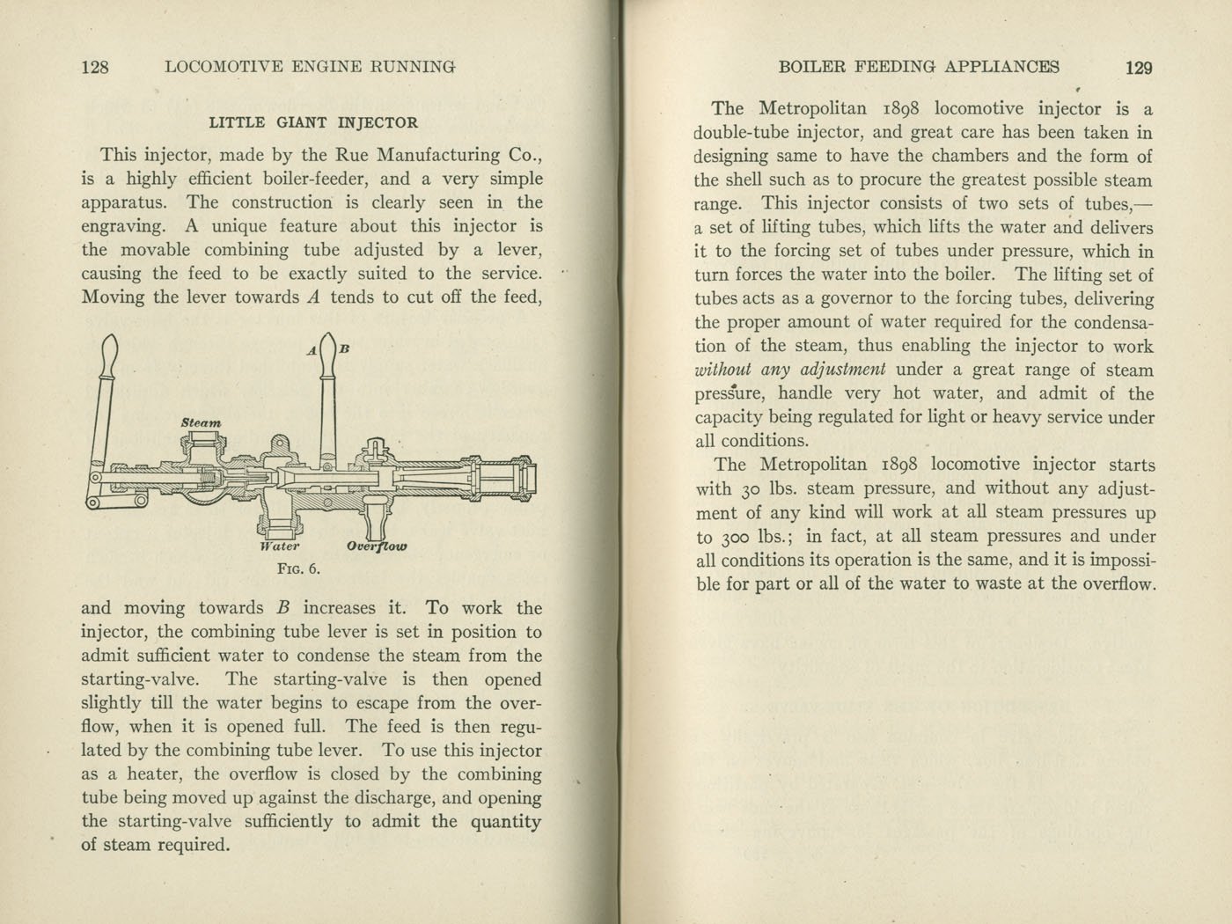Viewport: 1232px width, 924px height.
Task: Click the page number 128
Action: [x=95, y=67]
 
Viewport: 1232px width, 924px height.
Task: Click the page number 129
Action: [x=1139, y=68]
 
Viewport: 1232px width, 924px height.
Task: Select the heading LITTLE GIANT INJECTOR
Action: [x=313, y=123]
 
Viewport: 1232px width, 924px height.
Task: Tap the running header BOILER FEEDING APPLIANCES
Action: [x=920, y=67]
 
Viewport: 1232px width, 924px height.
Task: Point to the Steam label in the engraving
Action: [x=202, y=423]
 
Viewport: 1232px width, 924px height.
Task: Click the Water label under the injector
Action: [x=280, y=546]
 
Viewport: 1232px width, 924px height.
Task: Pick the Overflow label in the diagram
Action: [x=377, y=546]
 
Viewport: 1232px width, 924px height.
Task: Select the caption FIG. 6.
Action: [x=299, y=568]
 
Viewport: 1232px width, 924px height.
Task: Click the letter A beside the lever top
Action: [x=312, y=350]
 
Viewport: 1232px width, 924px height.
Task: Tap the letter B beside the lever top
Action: [x=345, y=348]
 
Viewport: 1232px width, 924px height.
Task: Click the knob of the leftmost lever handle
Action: [x=111, y=356]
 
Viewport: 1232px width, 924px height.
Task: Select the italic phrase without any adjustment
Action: [x=789, y=370]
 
